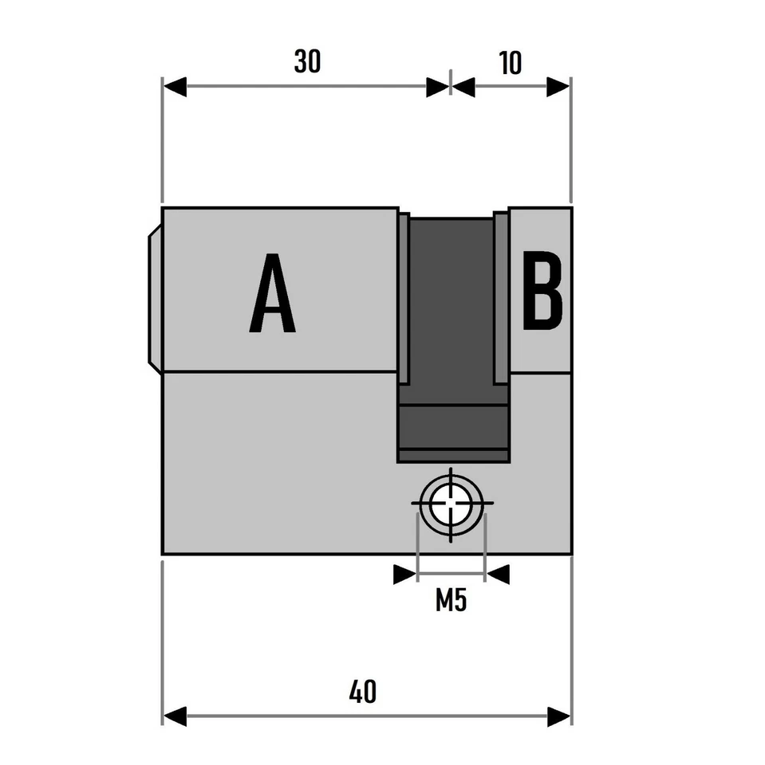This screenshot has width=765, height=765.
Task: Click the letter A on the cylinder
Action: [272, 293]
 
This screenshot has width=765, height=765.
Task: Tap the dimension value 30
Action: [307, 62]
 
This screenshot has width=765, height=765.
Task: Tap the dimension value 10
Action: [510, 62]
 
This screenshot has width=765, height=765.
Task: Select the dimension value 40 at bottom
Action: [362, 692]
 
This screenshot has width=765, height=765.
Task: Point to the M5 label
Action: [451, 599]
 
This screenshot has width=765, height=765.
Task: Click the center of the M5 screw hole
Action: [451, 503]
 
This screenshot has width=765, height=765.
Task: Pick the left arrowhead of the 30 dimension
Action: [175, 87]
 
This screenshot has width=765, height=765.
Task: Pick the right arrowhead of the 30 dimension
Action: [438, 87]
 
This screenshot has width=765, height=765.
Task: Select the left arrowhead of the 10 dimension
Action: [463, 87]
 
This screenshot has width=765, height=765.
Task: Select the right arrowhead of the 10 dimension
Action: [558, 87]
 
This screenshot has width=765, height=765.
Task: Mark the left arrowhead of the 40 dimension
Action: [175, 716]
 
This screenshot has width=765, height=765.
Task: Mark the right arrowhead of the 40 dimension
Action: [558, 716]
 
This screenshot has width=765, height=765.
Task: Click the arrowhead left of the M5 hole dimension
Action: [405, 574]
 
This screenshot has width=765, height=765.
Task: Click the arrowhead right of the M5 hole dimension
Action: [498, 574]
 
